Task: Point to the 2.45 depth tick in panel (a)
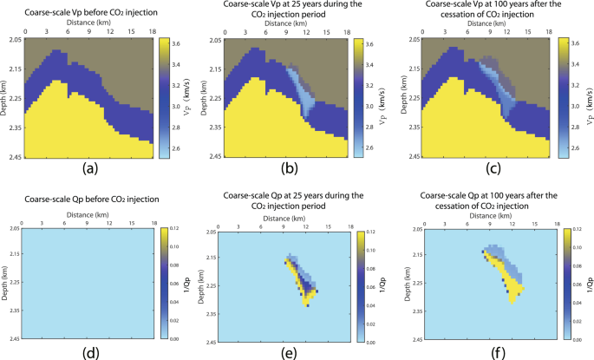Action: pos(13,157)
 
